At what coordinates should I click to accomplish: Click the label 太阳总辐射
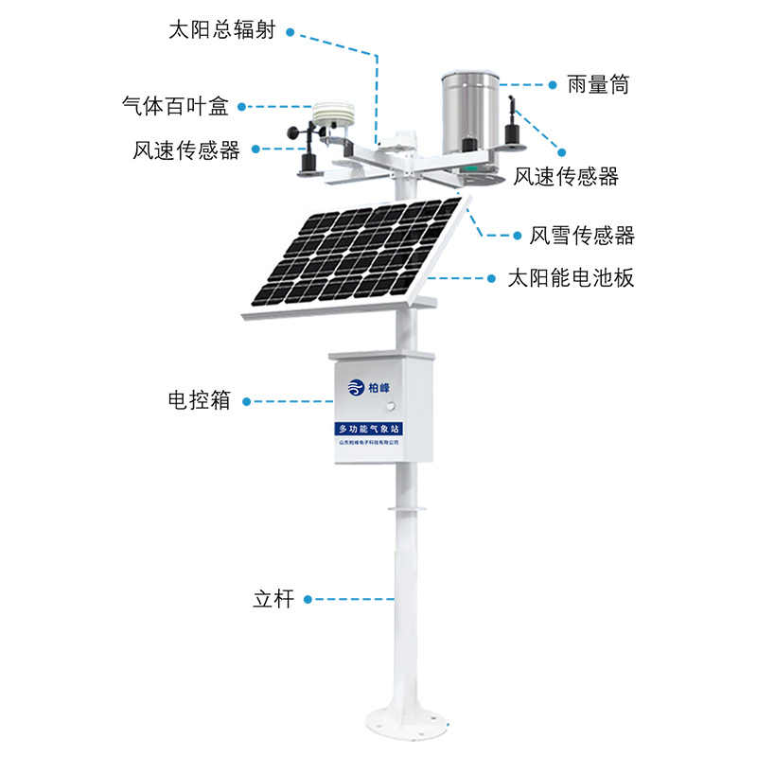(221, 30)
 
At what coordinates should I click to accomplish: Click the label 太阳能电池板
(571, 279)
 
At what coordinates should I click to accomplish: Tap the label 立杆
(274, 599)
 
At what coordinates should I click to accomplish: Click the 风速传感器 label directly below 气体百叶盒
(187, 150)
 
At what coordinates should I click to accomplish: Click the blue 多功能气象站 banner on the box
(368, 430)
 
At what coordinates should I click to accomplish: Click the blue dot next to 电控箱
(248, 401)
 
